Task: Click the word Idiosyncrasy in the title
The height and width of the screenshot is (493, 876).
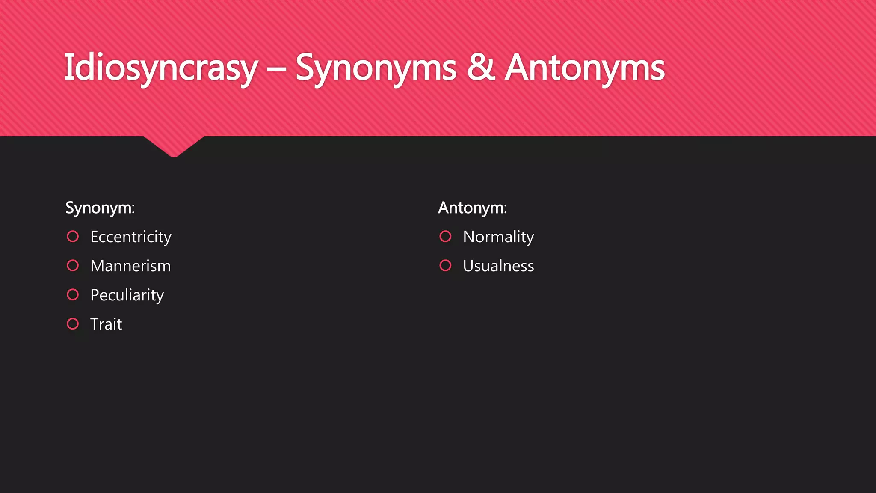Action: tap(161, 68)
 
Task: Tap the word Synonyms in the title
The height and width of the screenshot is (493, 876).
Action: tap(376, 68)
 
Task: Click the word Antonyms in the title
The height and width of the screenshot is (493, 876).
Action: tap(585, 68)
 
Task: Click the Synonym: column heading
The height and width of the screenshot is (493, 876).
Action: tap(100, 208)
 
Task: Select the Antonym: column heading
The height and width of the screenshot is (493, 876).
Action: tap(473, 208)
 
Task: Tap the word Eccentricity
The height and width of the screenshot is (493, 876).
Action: tap(131, 237)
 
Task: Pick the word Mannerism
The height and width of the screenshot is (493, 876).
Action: tap(130, 266)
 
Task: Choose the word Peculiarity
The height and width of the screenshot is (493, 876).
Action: tap(127, 295)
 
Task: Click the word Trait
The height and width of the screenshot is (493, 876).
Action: tap(106, 324)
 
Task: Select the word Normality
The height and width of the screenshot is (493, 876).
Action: tap(498, 237)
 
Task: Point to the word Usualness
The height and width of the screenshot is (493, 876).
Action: tap(498, 266)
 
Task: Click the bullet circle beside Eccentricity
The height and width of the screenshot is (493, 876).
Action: tap(73, 237)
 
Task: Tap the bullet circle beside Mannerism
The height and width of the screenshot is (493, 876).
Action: tap(73, 266)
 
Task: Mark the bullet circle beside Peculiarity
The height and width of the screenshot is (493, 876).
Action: tap(73, 295)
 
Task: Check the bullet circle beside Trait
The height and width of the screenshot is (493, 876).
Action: tap(73, 324)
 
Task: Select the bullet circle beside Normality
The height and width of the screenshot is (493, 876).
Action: tap(445, 237)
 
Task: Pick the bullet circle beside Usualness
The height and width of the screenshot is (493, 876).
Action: tap(445, 266)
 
